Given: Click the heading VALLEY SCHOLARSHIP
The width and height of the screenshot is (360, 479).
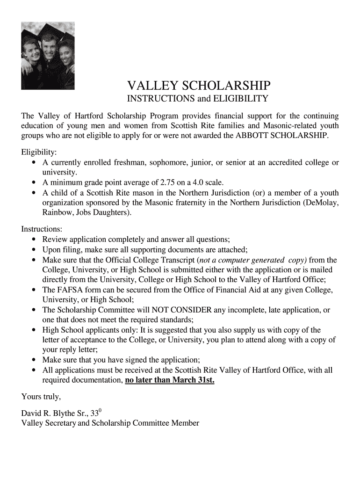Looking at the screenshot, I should pyautogui.click(x=199, y=85).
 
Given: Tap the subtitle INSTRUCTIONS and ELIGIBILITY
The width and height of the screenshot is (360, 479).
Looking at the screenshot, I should pyautogui.click(x=198, y=99).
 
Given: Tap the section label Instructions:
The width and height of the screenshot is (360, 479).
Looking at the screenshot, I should pyautogui.click(x=42, y=229).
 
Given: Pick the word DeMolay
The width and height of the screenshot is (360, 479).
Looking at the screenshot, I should pyautogui.click(x=322, y=203).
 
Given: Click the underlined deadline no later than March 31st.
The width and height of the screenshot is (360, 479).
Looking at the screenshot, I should pyautogui.click(x=170, y=380).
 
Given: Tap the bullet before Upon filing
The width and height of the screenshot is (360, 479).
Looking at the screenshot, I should pyautogui.click(x=35, y=249).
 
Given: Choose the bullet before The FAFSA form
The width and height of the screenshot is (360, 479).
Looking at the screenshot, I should pyautogui.click(x=35, y=290).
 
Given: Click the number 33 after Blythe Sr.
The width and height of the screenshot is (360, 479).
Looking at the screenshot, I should pyautogui.click(x=95, y=414).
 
